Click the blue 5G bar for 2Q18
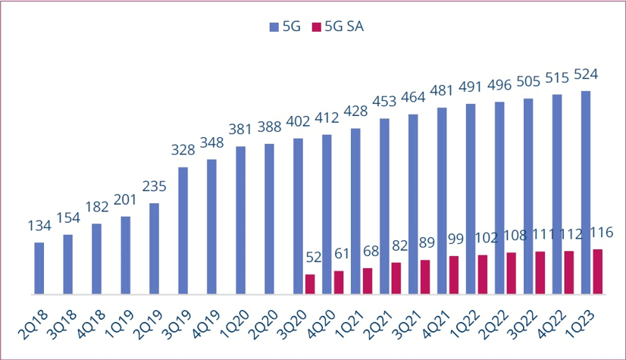click(39, 268)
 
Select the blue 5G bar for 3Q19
click(183, 230)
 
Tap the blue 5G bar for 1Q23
click(586, 193)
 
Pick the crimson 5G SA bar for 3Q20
click(310, 284)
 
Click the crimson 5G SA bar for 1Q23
click(598, 271)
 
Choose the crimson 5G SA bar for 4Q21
click(454, 275)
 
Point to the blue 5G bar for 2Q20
click(269, 219)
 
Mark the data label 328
click(183, 150)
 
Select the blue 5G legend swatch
click(274, 27)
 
